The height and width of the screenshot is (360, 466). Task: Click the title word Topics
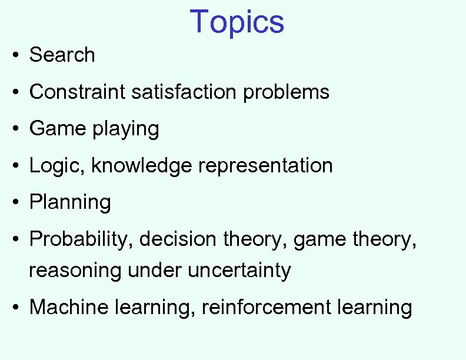[x=237, y=22]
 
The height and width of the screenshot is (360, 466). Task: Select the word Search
[x=62, y=55]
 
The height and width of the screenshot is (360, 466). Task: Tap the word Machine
[x=68, y=307]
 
